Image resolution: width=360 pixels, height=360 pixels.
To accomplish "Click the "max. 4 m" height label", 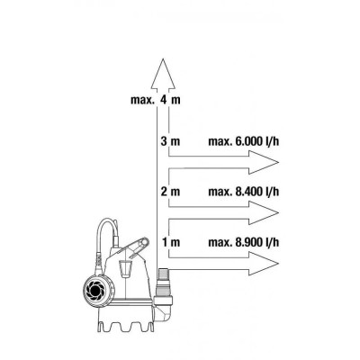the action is (156, 100).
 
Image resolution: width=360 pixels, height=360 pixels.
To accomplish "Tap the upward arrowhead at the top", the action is (163, 74).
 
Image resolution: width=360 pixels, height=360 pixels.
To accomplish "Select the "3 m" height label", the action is (170, 141).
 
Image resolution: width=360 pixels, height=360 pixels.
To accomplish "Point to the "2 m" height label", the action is (170, 192).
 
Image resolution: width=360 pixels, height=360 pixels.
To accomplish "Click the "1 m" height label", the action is (171, 242).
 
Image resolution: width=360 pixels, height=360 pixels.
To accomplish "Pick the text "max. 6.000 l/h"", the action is (244, 141).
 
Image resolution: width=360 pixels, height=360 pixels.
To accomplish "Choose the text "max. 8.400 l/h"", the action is (244, 192).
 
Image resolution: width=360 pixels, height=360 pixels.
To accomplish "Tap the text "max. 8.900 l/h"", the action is (244, 242).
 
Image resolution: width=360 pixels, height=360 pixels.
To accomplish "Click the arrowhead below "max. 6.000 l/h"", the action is (264, 162).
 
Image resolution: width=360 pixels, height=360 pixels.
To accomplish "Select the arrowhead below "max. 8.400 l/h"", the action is (264, 212).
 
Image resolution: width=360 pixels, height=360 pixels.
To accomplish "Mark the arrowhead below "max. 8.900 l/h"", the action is (264, 264).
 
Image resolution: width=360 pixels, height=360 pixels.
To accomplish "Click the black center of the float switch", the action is (95, 291).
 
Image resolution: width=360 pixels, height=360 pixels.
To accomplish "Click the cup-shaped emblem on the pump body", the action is (125, 267).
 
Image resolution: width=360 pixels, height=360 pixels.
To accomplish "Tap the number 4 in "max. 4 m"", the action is (164, 100).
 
